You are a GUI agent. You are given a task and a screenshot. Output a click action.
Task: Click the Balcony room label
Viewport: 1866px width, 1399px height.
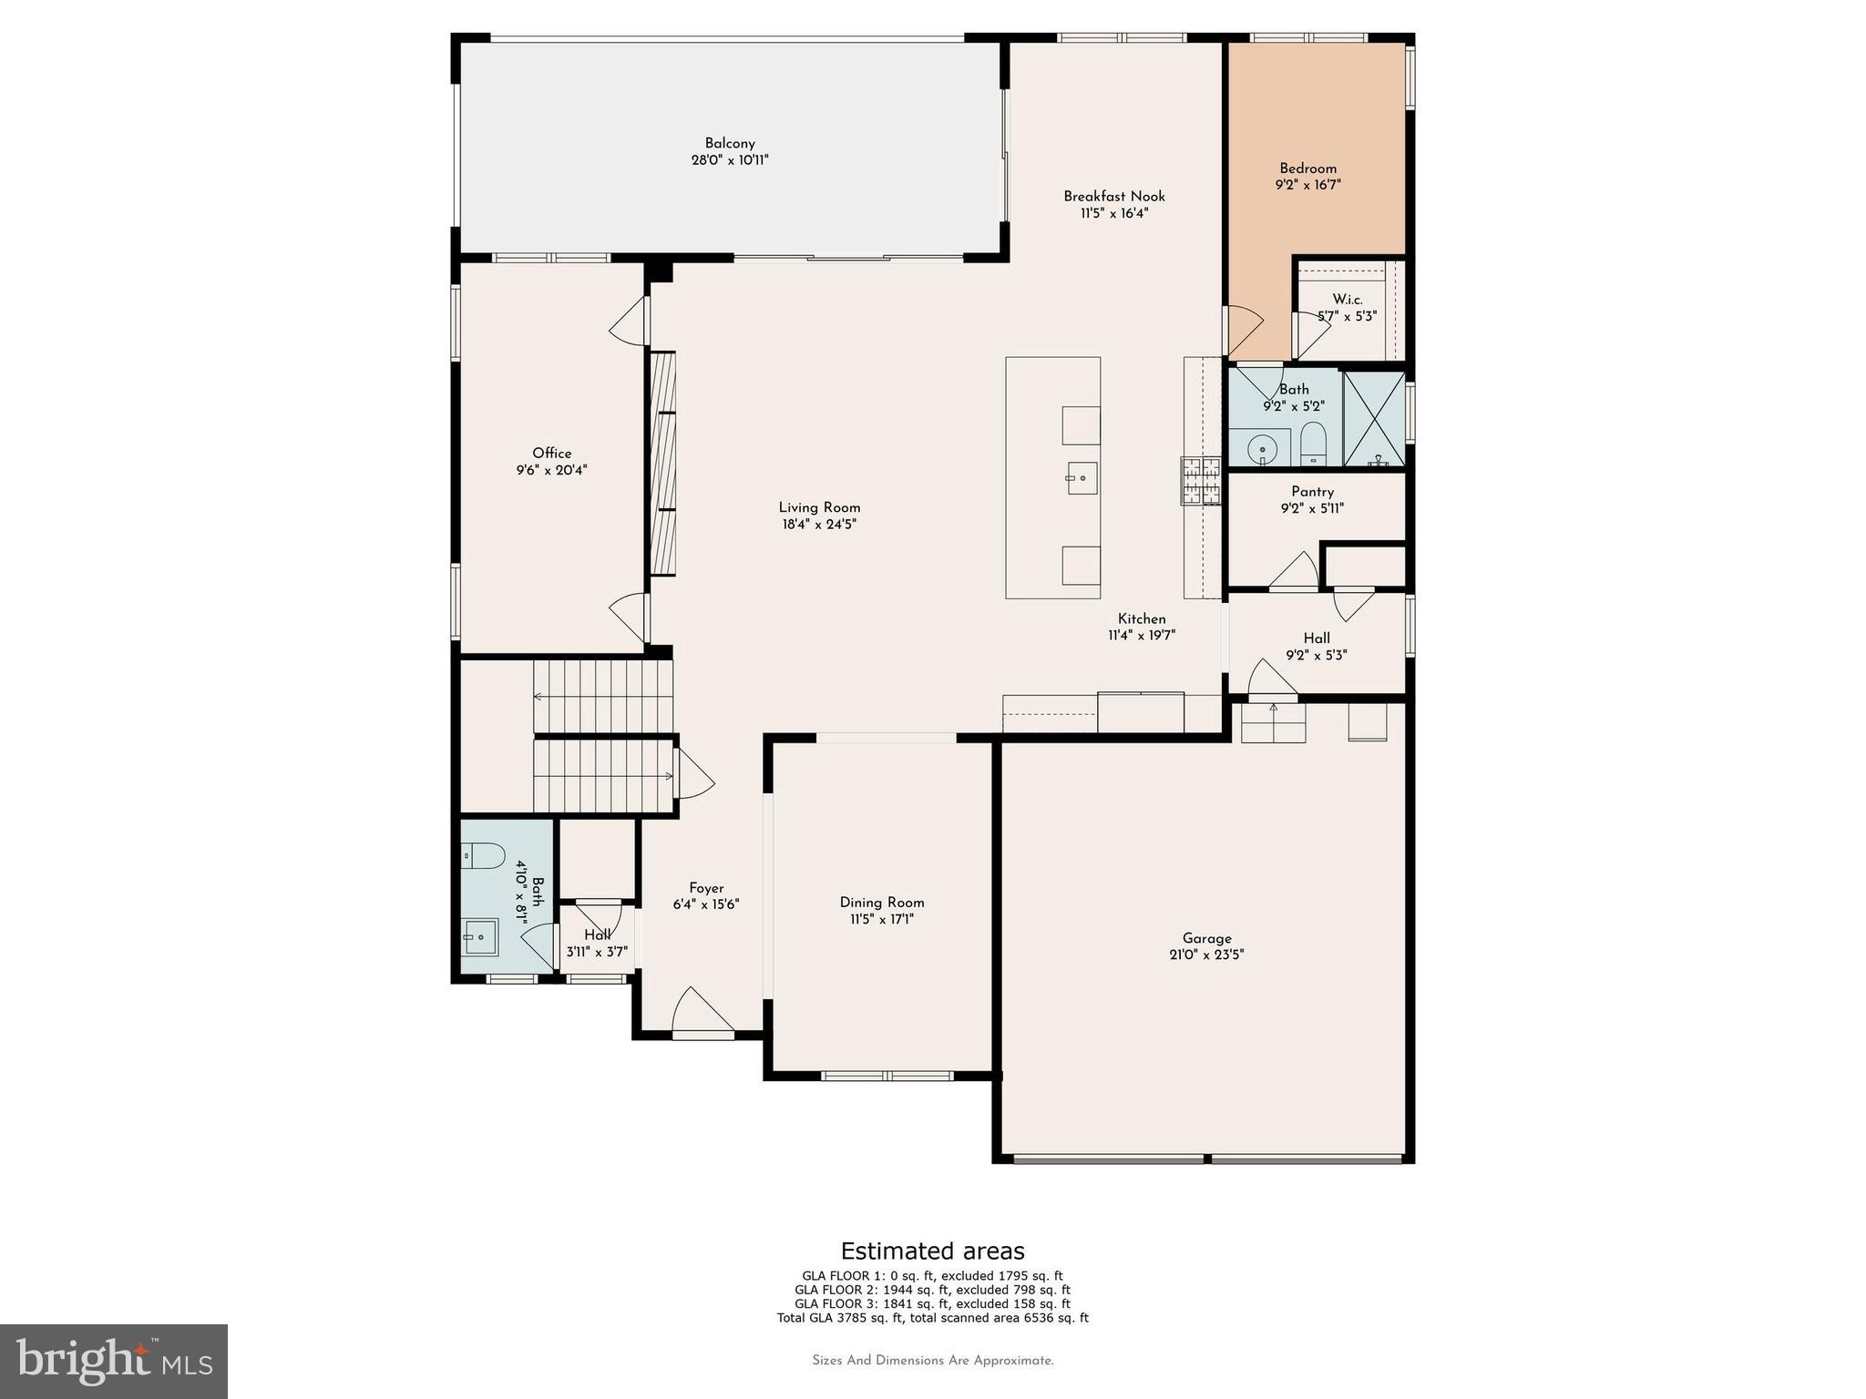click(x=729, y=143)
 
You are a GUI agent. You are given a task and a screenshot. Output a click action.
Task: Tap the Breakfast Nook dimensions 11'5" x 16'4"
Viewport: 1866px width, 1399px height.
click(x=1113, y=213)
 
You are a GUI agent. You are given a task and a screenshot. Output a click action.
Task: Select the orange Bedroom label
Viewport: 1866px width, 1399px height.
click(x=1307, y=168)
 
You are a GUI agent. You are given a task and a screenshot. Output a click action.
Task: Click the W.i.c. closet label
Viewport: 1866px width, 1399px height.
click(x=1347, y=300)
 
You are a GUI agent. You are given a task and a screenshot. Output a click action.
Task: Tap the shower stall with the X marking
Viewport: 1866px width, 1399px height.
click(x=1374, y=418)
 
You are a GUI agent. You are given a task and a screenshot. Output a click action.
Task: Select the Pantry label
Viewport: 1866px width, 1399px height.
click(x=1312, y=492)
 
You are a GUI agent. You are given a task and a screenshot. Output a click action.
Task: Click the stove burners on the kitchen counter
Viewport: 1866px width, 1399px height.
click(x=1201, y=481)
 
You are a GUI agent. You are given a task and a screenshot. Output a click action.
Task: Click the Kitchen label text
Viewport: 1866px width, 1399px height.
click(x=1142, y=619)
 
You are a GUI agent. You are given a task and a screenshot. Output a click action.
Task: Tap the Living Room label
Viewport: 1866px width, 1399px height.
click(x=819, y=508)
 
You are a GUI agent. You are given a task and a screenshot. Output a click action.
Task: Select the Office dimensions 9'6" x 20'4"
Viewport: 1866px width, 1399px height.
click(x=551, y=471)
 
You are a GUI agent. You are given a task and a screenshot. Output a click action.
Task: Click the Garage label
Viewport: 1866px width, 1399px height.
click(x=1206, y=938)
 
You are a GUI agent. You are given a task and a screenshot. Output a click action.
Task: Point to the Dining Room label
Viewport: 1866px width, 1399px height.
click(x=881, y=903)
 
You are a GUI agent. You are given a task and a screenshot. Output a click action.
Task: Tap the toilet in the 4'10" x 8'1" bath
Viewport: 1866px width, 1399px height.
click(x=483, y=855)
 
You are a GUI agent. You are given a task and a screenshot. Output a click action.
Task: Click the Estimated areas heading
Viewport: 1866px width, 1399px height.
click(x=932, y=1251)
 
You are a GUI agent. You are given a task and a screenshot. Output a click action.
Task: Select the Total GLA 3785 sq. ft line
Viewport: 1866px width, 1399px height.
click(x=932, y=1318)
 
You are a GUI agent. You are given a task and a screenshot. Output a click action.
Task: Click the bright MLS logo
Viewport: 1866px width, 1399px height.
click(x=114, y=1361)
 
